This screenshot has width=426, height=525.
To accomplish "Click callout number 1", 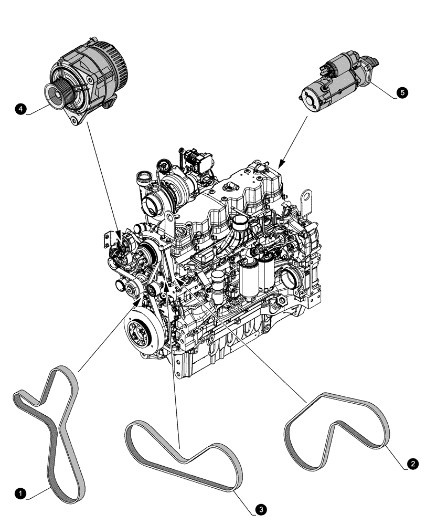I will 20,493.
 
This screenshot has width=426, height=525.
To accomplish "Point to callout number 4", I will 20,109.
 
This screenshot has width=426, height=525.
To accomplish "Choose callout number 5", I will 402,92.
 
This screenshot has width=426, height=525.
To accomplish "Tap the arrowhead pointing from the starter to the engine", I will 282,163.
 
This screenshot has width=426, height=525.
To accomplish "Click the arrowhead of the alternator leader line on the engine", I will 119,234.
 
